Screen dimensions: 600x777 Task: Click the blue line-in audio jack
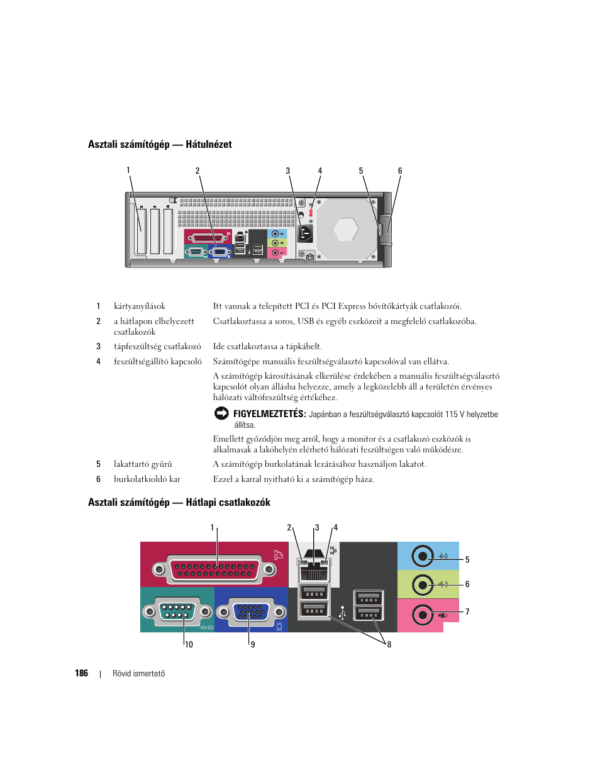click(423, 556)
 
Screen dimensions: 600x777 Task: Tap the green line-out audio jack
click(423, 585)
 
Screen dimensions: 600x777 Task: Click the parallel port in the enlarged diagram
click(214, 569)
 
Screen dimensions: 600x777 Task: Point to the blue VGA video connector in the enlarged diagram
click(251, 612)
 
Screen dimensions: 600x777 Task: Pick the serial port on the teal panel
click(177, 612)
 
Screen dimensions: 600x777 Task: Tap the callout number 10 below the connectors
click(189, 645)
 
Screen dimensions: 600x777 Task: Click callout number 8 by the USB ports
click(389, 645)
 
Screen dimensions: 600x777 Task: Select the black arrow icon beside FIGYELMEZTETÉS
click(221, 413)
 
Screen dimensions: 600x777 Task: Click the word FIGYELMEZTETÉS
click(270, 414)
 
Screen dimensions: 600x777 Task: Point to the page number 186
click(82, 673)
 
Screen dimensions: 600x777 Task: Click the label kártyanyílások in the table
click(140, 306)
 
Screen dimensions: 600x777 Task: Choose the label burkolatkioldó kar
click(147, 479)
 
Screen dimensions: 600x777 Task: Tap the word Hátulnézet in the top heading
click(209, 144)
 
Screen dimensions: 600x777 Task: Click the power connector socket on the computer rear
click(305, 234)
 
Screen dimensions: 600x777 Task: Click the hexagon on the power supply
click(346, 229)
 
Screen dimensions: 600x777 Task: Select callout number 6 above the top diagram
click(400, 171)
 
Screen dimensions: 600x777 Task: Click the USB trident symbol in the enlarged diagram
click(342, 613)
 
